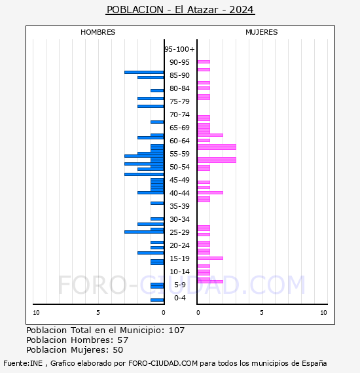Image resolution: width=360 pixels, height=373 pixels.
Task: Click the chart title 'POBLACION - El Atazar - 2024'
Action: [x=180, y=10]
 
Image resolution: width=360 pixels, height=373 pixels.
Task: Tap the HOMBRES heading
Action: [x=98, y=32]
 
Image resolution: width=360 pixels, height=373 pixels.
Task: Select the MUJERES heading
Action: [x=262, y=32]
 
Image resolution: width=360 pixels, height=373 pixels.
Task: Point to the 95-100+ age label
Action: [x=179, y=49]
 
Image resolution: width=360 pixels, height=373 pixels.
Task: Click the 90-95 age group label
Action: [x=179, y=62]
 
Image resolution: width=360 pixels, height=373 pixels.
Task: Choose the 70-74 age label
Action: [x=179, y=115]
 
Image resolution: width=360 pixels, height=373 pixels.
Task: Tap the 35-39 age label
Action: [x=179, y=206]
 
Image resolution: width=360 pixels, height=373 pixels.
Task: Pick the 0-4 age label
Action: [x=180, y=298]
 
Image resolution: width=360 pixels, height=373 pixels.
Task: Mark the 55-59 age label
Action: [x=179, y=154]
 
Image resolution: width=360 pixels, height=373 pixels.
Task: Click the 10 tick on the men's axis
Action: [x=36, y=313]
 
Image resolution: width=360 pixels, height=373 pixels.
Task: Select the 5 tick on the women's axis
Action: [x=262, y=313]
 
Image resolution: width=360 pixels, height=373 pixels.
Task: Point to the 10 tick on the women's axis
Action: [x=323, y=313]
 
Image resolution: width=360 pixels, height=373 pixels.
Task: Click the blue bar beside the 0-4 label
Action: [x=157, y=300]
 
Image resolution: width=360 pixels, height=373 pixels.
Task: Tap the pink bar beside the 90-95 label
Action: [x=204, y=62]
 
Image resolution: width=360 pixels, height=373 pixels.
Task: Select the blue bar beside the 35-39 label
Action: [x=157, y=203]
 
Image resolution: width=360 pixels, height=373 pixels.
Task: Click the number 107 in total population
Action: [x=177, y=330]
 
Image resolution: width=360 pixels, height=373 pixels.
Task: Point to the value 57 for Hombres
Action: [x=123, y=340]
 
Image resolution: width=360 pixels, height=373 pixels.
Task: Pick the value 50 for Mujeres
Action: [x=118, y=350]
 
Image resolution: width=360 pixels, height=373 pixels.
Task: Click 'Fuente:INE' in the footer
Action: [x=23, y=363]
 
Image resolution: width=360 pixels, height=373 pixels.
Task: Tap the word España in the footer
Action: [x=314, y=363]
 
